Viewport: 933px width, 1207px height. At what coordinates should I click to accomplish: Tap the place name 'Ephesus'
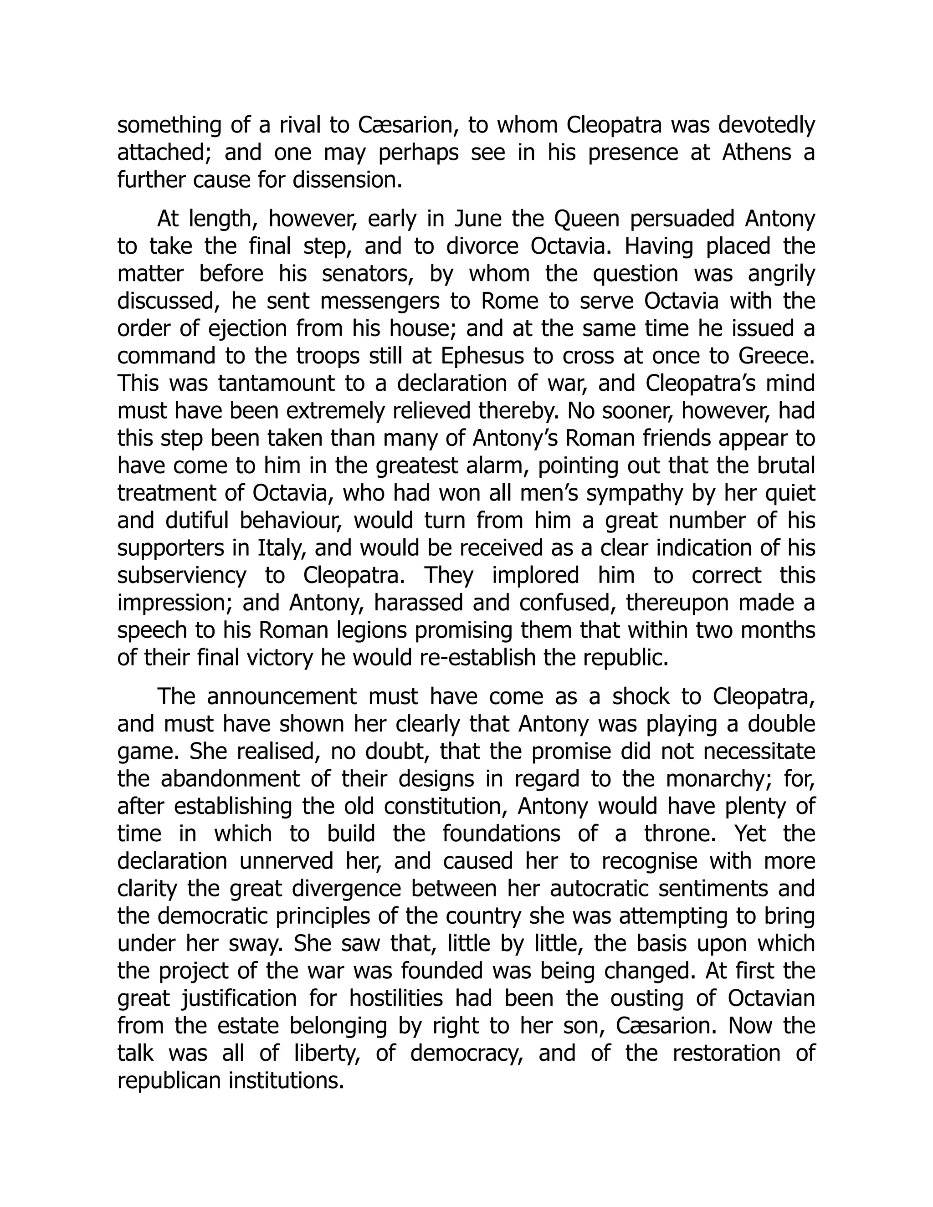tap(482, 356)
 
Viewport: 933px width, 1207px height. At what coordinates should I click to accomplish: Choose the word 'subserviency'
tap(182, 575)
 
